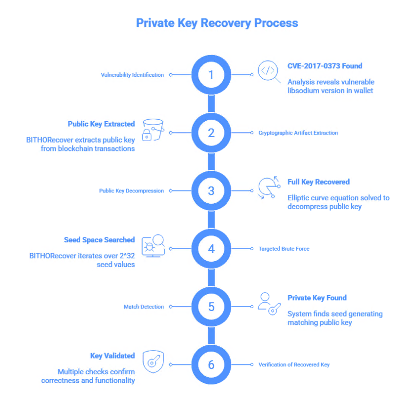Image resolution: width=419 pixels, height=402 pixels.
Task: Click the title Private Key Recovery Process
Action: pos(217,23)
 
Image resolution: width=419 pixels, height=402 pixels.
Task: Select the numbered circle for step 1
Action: pos(211,75)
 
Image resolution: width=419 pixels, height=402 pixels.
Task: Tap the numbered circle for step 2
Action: pos(211,133)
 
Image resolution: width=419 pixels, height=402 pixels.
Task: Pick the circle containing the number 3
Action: pos(211,190)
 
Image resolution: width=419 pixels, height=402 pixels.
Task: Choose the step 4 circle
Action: pos(211,249)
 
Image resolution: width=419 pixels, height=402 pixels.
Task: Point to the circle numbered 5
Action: pos(211,307)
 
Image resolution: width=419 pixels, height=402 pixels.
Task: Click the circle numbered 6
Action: pos(211,364)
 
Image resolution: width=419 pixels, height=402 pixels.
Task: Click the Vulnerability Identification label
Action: pos(132,75)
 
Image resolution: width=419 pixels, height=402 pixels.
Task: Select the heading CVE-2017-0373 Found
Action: pos(325,66)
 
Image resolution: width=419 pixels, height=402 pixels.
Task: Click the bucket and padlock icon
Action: pos(152,130)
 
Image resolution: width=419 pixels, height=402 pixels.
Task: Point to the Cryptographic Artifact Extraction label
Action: pos(298,133)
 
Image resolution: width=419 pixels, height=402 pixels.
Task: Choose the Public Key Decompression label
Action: pos(131,190)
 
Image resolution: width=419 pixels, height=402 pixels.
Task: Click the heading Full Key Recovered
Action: pos(318,182)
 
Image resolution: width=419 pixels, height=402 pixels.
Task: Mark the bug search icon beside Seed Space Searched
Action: pos(153,246)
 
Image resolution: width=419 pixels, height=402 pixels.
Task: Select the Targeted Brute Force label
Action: pos(284,249)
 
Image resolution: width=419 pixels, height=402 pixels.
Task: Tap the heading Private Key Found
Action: pos(317,298)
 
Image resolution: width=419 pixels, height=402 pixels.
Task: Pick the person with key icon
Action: pos(269,304)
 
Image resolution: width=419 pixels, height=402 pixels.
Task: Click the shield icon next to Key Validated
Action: pos(153,362)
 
